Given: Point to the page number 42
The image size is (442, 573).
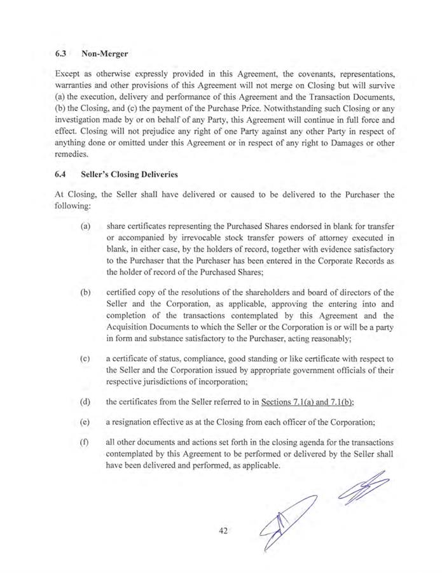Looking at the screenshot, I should pos(221,530).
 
